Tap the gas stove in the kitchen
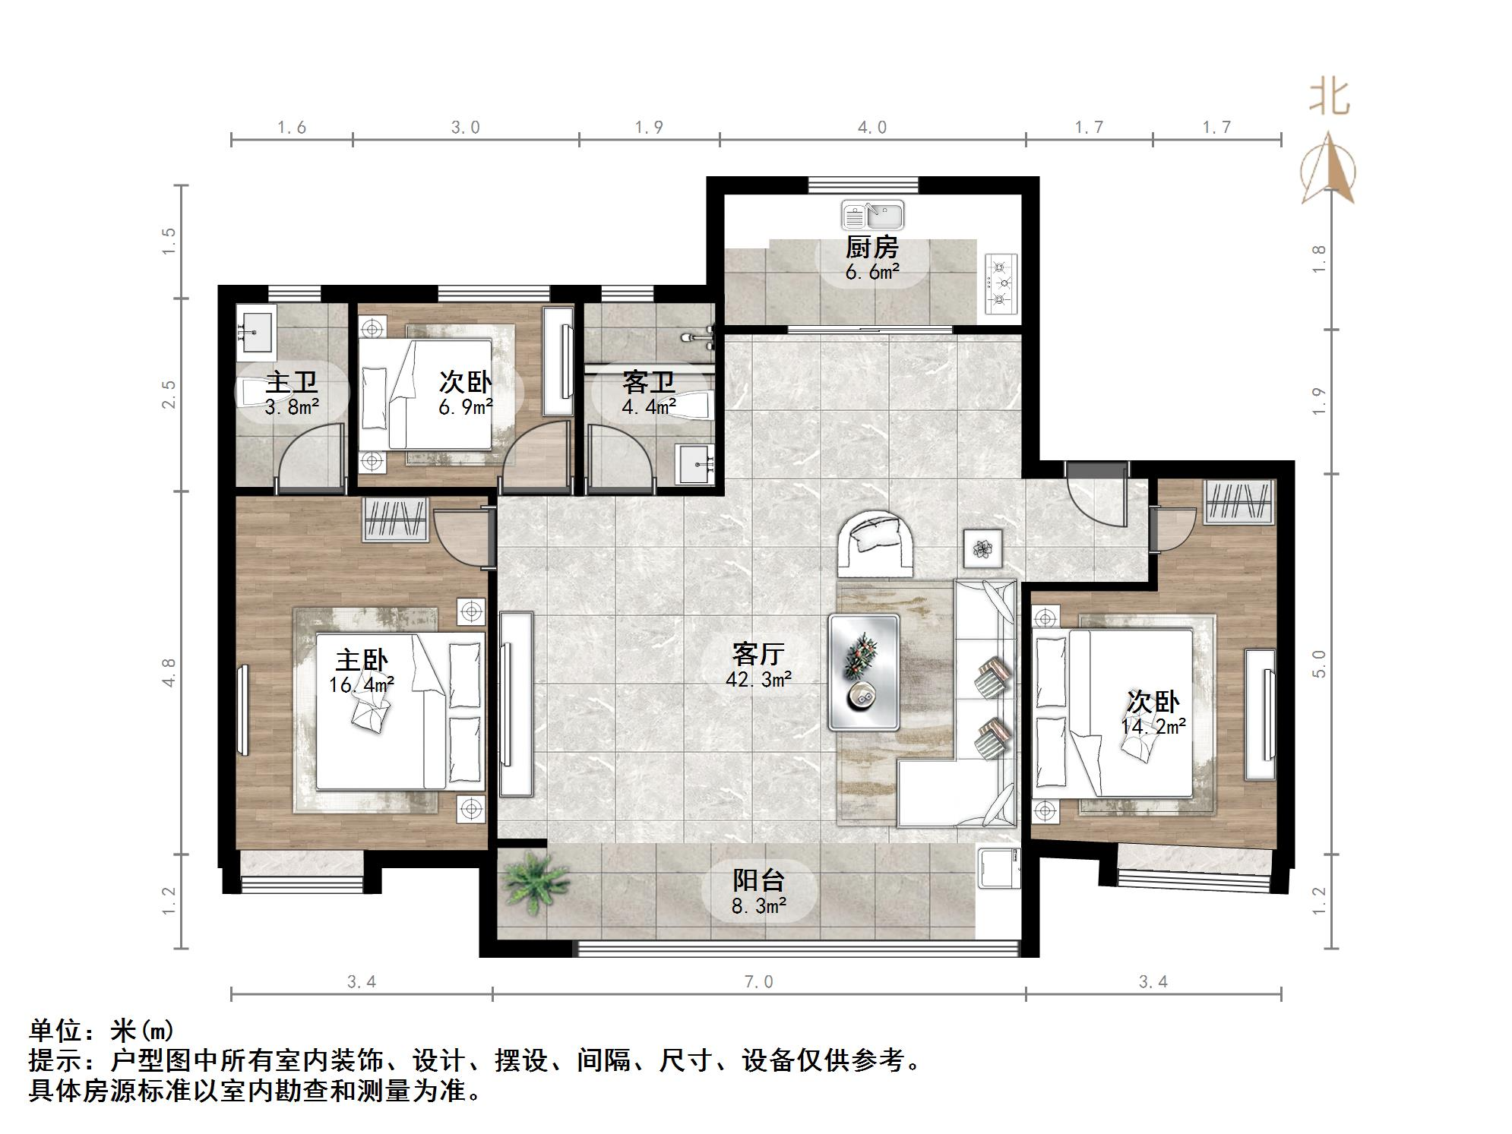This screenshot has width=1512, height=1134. (x=1001, y=283)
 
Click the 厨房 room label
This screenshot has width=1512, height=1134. (x=871, y=248)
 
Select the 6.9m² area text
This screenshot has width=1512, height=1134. (x=465, y=408)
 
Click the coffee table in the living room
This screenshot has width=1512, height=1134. (x=864, y=672)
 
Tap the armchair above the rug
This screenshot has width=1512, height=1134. (x=875, y=542)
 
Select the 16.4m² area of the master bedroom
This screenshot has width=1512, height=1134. (x=361, y=685)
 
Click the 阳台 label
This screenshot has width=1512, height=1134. (x=758, y=880)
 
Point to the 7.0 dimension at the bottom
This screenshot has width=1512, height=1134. (x=758, y=982)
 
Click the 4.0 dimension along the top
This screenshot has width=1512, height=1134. (x=872, y=128)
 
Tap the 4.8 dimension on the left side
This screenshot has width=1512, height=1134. (x=169, y=672)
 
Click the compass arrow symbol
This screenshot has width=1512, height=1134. (x=1327, y=171)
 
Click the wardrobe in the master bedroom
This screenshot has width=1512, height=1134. (x=395, y=520)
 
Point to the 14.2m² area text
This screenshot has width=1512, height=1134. (x=1153, y=727)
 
